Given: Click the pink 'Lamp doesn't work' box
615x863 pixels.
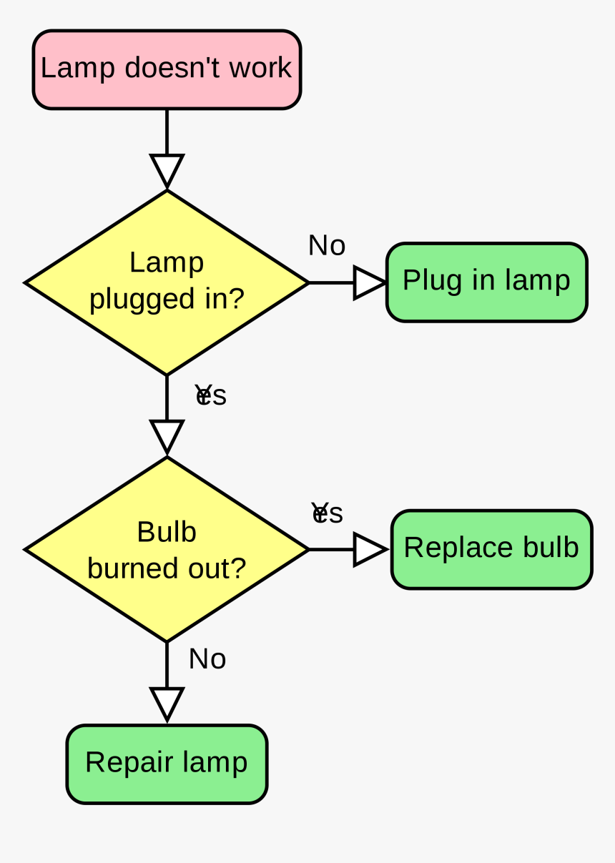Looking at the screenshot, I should coord(167,69).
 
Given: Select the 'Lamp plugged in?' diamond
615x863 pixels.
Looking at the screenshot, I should coord(167,282).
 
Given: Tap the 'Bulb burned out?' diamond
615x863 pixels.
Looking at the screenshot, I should coord(167,549).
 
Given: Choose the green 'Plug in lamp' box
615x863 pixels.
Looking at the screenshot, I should coord(486,282).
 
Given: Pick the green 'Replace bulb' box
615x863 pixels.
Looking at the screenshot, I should coord(491,549).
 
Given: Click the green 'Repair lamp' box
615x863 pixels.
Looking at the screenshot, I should coord(167,764).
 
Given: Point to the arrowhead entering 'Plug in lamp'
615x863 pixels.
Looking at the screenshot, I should coord(369,282).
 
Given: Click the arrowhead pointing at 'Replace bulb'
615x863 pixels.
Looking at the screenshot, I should coord(369,550).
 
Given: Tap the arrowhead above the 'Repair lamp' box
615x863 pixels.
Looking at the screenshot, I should coord(167,704).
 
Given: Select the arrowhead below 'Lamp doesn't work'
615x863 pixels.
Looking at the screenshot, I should coord(167,170).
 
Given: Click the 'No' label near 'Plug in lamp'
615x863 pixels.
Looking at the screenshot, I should coord(327,246).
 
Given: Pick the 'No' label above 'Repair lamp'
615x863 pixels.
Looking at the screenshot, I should coord(207,659).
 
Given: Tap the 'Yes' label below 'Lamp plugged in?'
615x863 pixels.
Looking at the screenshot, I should coord(211,395).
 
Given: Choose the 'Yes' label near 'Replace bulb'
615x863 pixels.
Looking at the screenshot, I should coord(328,513).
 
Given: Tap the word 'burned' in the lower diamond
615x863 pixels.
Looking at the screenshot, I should coord(127,568).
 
